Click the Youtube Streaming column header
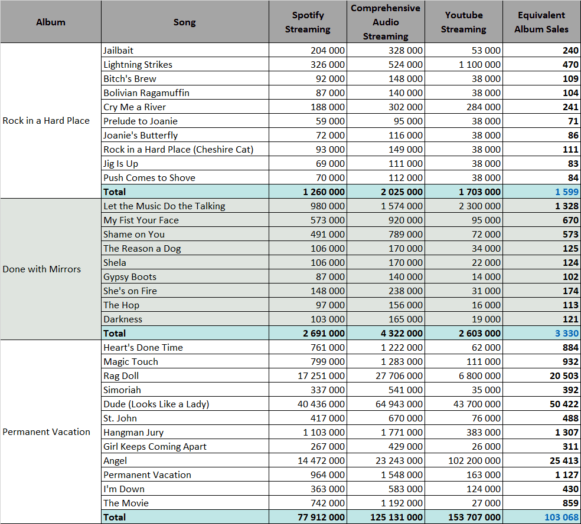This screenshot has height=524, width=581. click(x=464, y=22)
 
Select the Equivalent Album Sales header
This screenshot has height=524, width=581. click(x=541, y=22)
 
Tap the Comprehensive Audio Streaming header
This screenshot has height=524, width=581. click(x=386, y=22)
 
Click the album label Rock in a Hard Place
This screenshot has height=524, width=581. click(x=46, y=121)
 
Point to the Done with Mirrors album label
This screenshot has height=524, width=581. click(x=41, y=269)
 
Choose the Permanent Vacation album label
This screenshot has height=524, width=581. click(x=46, y=432)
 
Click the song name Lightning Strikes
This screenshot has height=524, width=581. click(x=138, y=65)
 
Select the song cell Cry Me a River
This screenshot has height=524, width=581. click(x=135, y=107)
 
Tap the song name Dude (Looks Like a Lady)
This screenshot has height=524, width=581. click(x=156, y=404)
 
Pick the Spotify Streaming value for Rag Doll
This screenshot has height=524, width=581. click(x=321, y=375)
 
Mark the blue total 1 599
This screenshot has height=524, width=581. click(x=567, y=192)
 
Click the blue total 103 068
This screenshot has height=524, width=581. click(x=562, y=518)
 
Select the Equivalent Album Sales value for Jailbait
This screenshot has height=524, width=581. click(x=570, y=50)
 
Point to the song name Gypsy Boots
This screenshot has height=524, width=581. click(x=130, y=277)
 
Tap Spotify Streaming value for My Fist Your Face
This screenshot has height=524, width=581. click(x=327, y=220)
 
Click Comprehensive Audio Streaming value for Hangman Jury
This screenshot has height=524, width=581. click(x=402, y=432)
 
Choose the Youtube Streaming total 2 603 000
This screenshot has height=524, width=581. click(x=479, y=334)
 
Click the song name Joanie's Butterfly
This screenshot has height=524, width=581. click(x=141, y=136)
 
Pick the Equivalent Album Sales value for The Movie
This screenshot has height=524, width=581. click(x=570, y=503)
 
